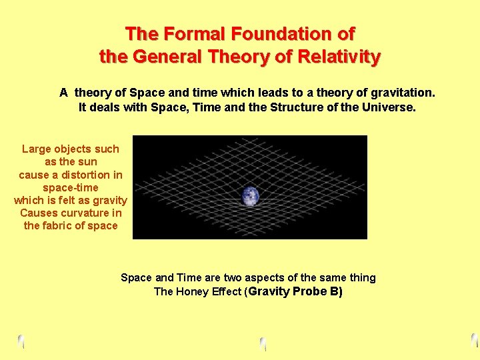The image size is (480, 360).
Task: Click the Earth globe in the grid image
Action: coord(250,196)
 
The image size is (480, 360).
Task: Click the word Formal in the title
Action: coord(190,33)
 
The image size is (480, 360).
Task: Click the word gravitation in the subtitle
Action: coord(400,92)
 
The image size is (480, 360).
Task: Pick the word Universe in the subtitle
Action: coord(385,107)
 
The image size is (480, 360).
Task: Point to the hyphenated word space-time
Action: coord(70,187)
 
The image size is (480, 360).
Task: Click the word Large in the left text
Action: coord(37,149)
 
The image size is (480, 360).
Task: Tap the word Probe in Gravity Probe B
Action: coord(311,292)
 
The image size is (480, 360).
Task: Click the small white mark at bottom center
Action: coord(263,344)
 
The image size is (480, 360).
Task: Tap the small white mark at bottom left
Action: coord(21,341)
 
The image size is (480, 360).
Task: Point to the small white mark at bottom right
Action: coord(475,340)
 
